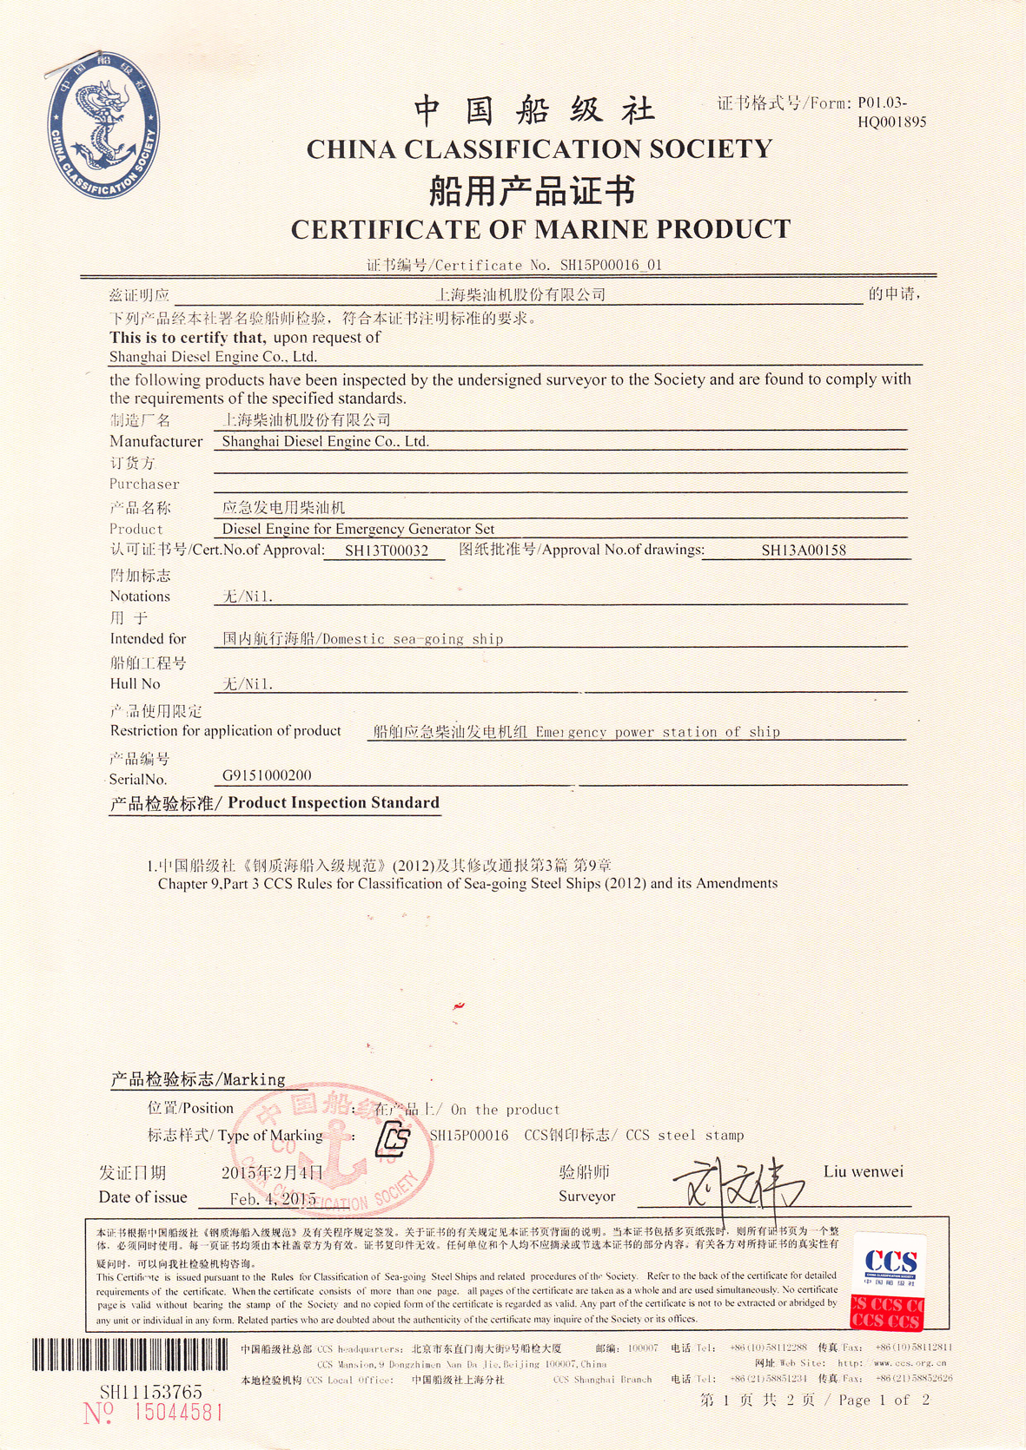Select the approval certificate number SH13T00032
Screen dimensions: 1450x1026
(387, 550)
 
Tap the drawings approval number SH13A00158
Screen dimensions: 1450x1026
(804, 550)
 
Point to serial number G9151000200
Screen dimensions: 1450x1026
(267, 775)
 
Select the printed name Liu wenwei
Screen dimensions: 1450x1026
(863, 1172)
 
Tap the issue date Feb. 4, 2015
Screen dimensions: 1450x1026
(273, 1199)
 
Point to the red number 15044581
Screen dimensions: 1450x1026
(177, 1413)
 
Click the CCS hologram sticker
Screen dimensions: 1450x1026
(888, 1282)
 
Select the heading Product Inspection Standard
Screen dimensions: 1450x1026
(334, 803)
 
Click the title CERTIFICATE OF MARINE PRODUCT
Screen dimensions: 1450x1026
(540, 229)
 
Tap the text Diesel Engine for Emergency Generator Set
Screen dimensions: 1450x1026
(358, 529)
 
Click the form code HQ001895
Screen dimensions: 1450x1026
(891, 122)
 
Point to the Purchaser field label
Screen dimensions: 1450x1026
(144, 484)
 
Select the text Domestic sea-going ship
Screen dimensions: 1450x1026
(413, 639)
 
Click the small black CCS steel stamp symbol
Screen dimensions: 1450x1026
(393, 1137)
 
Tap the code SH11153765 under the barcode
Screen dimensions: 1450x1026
(150, 1392)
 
